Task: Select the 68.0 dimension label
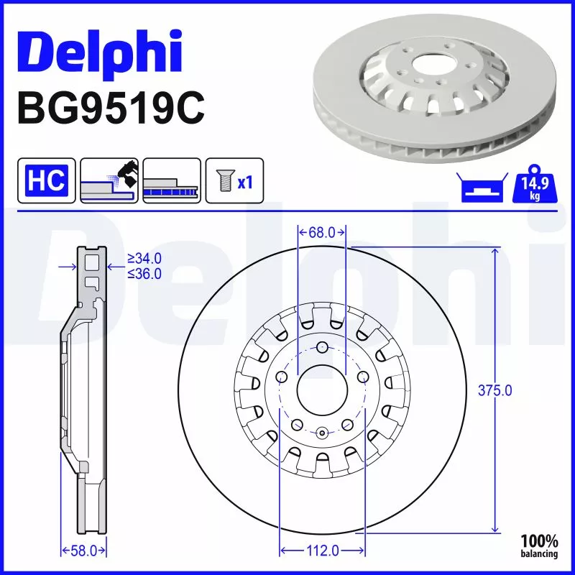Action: coord(322,232)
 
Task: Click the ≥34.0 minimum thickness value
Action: coord(144,258)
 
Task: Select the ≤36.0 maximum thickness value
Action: coord(144,273)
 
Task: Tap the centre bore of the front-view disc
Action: coord(321,391)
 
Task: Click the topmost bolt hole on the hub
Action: coord(321,349)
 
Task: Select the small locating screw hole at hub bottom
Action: coord(321,432)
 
